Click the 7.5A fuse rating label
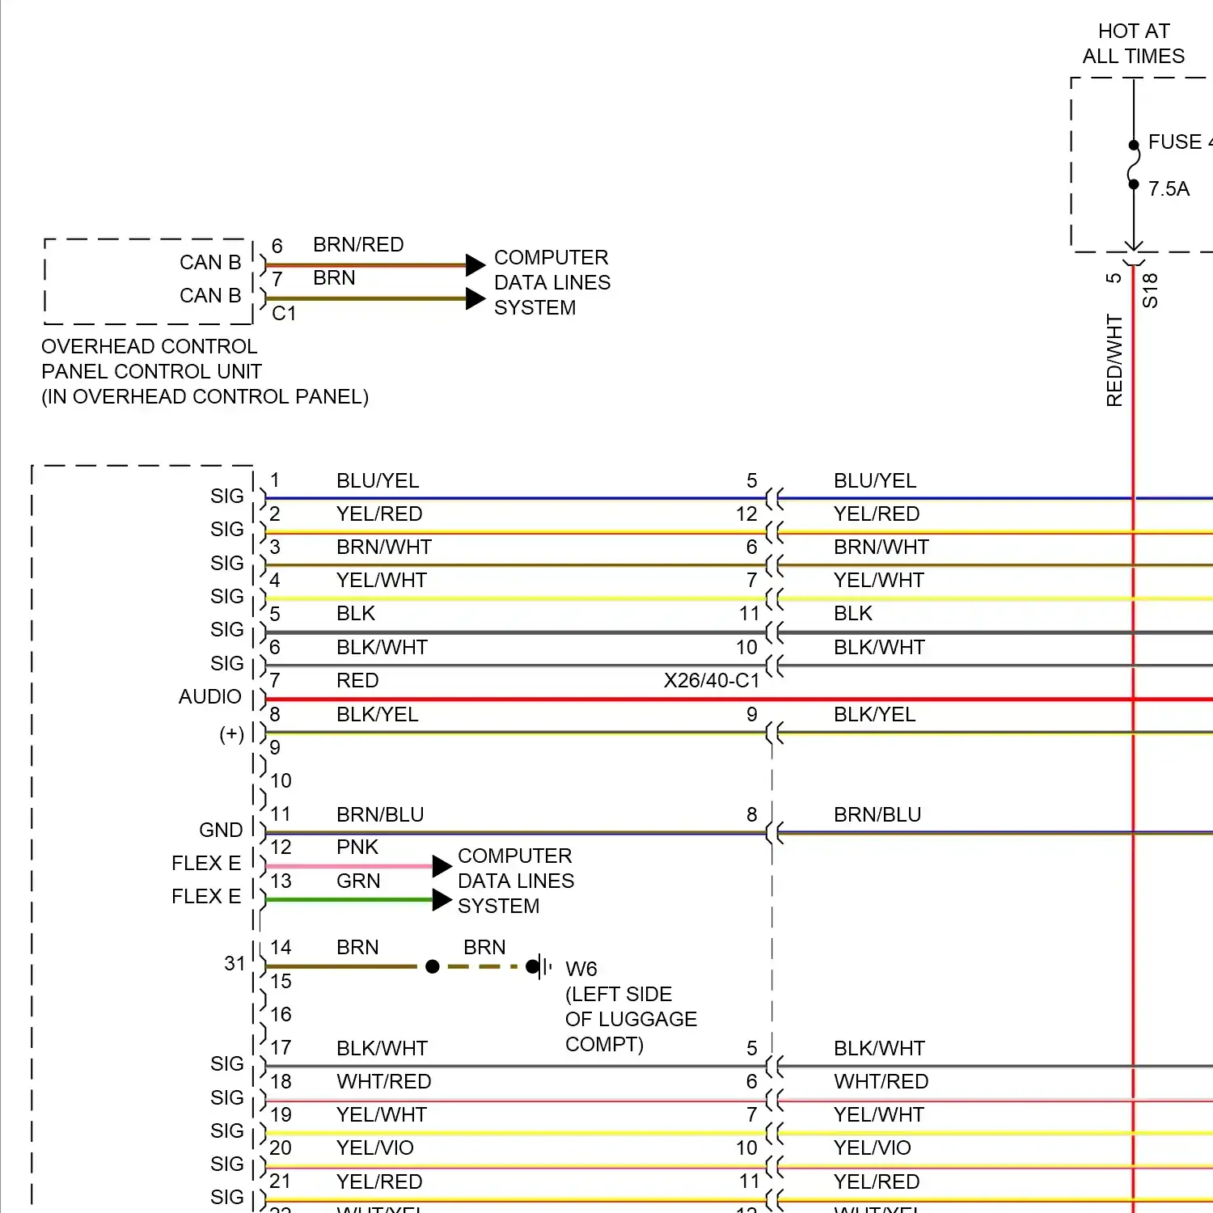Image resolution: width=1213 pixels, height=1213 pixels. pos(1169,189)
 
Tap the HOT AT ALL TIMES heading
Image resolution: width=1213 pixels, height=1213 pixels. pos(1133,44)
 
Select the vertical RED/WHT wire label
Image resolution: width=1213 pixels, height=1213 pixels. pos(1114,361)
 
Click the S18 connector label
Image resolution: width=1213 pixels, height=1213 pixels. pos(1150,290)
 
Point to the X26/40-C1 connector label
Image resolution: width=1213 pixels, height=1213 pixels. pos(712,681)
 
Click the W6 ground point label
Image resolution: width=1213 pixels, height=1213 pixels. pos(581,969)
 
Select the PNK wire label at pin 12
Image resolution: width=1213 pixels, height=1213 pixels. pos(357,847)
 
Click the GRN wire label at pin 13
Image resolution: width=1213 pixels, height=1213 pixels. pos(358,881)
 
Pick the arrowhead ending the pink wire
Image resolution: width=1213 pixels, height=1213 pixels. pos(442,866)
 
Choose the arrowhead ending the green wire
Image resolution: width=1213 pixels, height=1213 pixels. pos(442,899)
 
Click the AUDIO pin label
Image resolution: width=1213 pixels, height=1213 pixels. pos(210,697)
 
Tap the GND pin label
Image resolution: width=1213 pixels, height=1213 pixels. pos(221,831)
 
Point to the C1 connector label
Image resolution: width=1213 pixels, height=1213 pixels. pos(284,314)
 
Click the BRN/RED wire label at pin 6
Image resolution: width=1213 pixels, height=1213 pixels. pos(358,245)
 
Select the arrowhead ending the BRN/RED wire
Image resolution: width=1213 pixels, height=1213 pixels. pos(475,264)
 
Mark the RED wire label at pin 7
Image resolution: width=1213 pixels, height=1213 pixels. pos(357,681)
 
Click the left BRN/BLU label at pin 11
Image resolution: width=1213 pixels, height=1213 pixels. pos(380,814)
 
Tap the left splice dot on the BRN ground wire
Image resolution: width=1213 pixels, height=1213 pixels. pos(433,966)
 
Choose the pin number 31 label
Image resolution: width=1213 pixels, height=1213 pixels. pos(235,964)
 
